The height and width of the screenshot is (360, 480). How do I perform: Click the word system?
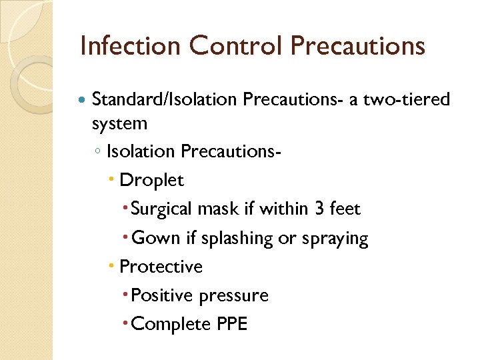pyautogui.click(x=119, y=123)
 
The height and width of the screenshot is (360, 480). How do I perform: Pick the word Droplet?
pyautogui.click(x=151, y=180)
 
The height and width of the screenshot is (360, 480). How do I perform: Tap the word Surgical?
pyautogui.click(x=162, y=209)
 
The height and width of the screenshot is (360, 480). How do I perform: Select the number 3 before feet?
pyautogui.click(x=320, y=209)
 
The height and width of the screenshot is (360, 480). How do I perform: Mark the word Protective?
pyautogui.click(x=161, y=267)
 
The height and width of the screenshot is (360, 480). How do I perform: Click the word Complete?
pyautogui.click(x=171, y=325)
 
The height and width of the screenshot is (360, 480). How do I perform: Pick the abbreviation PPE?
pyautogui.click(x=232, y=325)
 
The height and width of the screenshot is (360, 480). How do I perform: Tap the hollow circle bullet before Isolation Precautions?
pyautogui.click(x=97, y=152)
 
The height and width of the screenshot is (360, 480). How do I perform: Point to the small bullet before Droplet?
pyautogui.click(x=111, y=181)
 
